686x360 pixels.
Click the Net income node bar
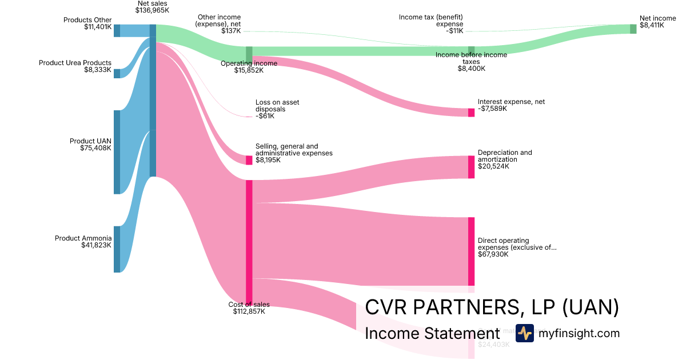pos(633,29)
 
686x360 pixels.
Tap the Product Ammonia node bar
pos(117,249)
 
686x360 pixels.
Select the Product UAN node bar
pos(117,152)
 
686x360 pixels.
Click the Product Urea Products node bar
pos(117,73)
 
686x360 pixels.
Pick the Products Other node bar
pos(117,30)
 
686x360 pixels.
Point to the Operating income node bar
pos(249,53)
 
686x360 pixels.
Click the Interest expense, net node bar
pos(471,113)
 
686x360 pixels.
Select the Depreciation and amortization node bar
pos(471,167)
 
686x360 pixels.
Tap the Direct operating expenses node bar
pos(471,251)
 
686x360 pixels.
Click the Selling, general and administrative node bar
pos(249,160)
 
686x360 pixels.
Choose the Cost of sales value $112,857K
pos(249,311)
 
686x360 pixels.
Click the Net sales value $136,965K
pos(152,10)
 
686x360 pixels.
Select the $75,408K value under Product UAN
pos(95,148)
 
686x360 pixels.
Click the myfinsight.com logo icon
pos(524,333)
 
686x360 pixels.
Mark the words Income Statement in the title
pos(432,334)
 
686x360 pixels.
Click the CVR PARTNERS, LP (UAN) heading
pos(492,307)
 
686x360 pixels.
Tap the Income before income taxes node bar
pos(471,50)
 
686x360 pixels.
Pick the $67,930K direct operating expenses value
pos(493,254)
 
